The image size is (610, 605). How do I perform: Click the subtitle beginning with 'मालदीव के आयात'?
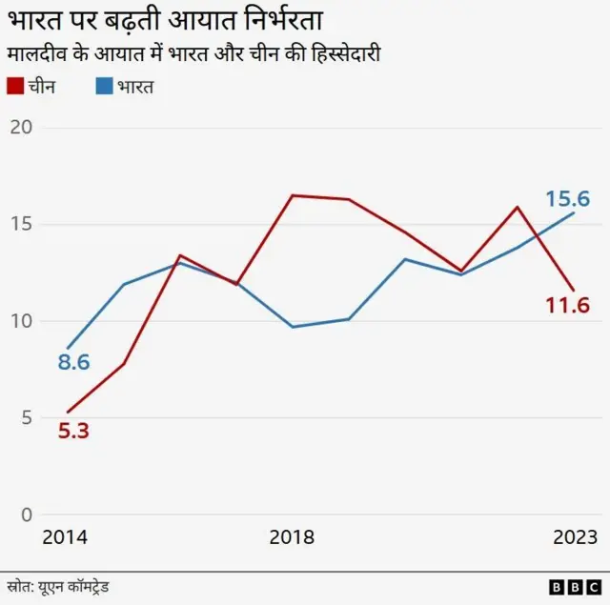point(193,54)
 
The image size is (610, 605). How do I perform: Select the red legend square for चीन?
point(14,87)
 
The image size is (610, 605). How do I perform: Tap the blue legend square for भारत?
point(104,87)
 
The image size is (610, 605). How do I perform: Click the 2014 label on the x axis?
point(65,537)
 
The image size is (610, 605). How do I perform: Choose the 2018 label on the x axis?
point(292,537)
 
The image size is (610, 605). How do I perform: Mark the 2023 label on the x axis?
point(575,537)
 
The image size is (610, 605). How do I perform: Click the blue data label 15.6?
point(567,199)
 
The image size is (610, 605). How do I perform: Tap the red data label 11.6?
point(567,306)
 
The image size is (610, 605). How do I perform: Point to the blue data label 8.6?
point(73,362)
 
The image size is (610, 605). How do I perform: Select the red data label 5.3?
point(73,431)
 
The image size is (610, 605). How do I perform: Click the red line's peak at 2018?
point(292,195)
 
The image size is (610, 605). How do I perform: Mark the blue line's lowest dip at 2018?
point(292,327)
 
